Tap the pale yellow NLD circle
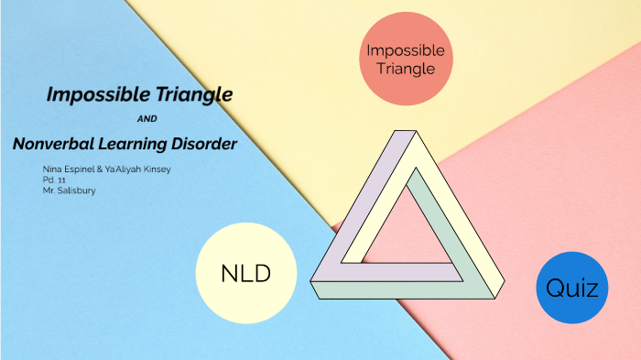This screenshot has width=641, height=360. pyautogui.click(x=246, y=273)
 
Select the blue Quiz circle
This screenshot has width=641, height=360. pyautogui.click(x=571, y=288)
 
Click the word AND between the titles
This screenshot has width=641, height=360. pyautogui.click(x=146, y=119)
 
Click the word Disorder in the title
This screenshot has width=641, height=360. pyautogui.click(x=203, y=144)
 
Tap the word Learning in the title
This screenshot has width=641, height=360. pyautogui.click(x=135, y=144)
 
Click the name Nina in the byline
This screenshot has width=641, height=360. pyautogui.click(x=52, y=170)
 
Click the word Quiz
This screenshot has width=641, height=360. pyautogui.click(x=571, y=289)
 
